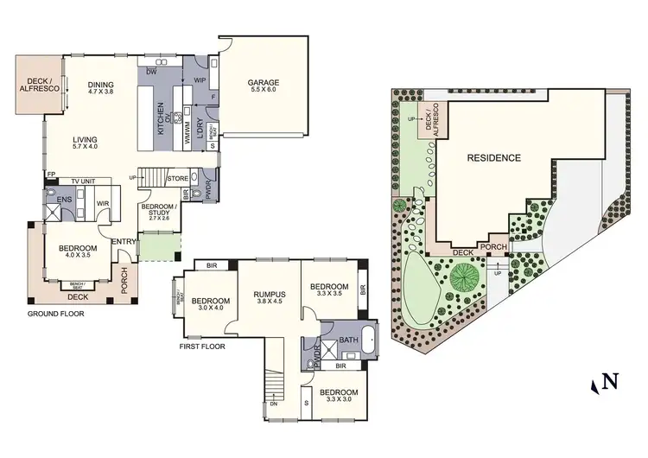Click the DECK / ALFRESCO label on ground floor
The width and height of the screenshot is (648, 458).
click(40, 84)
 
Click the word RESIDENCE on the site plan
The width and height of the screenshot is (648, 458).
click(494, 158)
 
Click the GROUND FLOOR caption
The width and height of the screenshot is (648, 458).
click(56, 314)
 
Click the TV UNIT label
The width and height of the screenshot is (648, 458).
click(84, 181)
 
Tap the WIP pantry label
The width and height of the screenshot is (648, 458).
click(199, 80)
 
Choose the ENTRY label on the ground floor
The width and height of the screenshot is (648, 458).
click(120, 240)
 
